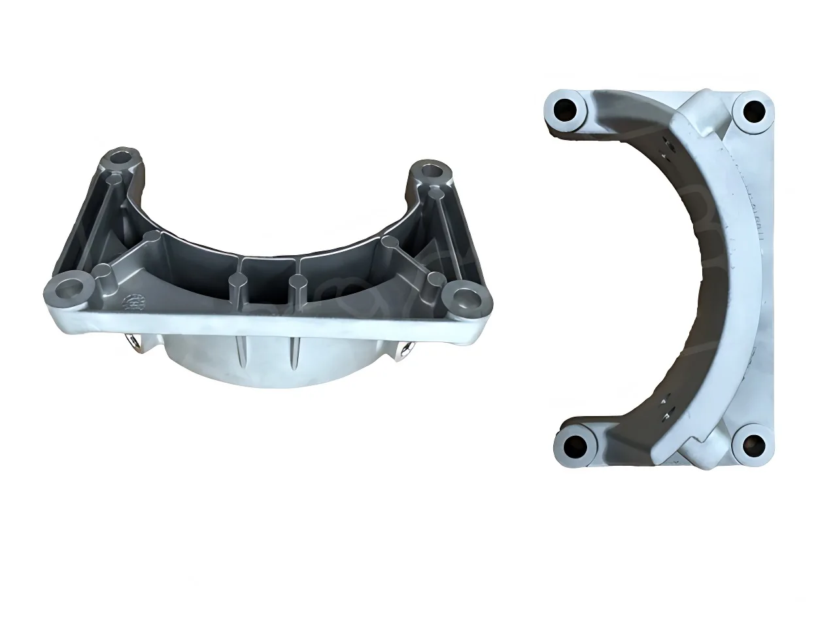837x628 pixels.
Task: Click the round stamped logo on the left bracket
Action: tap(133, 302)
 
